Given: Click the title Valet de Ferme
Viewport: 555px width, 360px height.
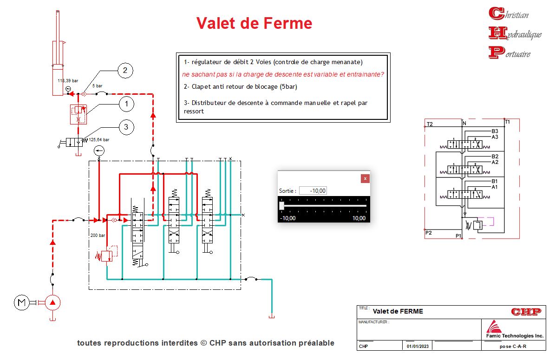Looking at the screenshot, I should tap(254, 23).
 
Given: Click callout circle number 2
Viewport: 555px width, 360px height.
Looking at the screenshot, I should tap(125, 71).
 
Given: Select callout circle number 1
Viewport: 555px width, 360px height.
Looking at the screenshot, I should tap(126, 104).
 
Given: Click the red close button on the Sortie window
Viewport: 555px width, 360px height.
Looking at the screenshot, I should tap(365, 178).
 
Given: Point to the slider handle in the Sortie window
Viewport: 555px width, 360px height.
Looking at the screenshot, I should tap(281, 205).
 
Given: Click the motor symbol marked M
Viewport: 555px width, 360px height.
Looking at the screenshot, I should tap(21, 303).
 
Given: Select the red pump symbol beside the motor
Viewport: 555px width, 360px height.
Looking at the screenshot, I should tap(52, 303).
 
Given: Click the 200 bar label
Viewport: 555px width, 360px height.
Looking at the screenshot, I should tap(98, 236).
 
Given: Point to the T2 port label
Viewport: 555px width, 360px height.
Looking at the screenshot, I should tap(430, 124).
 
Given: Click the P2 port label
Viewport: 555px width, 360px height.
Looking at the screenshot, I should tap(429, 232).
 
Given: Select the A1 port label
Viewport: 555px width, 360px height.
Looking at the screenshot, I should tap(495, 187).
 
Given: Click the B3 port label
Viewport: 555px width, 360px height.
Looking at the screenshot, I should tap(495, 131).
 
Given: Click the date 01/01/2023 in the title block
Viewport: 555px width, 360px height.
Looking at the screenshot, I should tap(418, 346).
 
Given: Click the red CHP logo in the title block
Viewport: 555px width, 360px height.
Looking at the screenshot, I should tap(526, 312).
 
